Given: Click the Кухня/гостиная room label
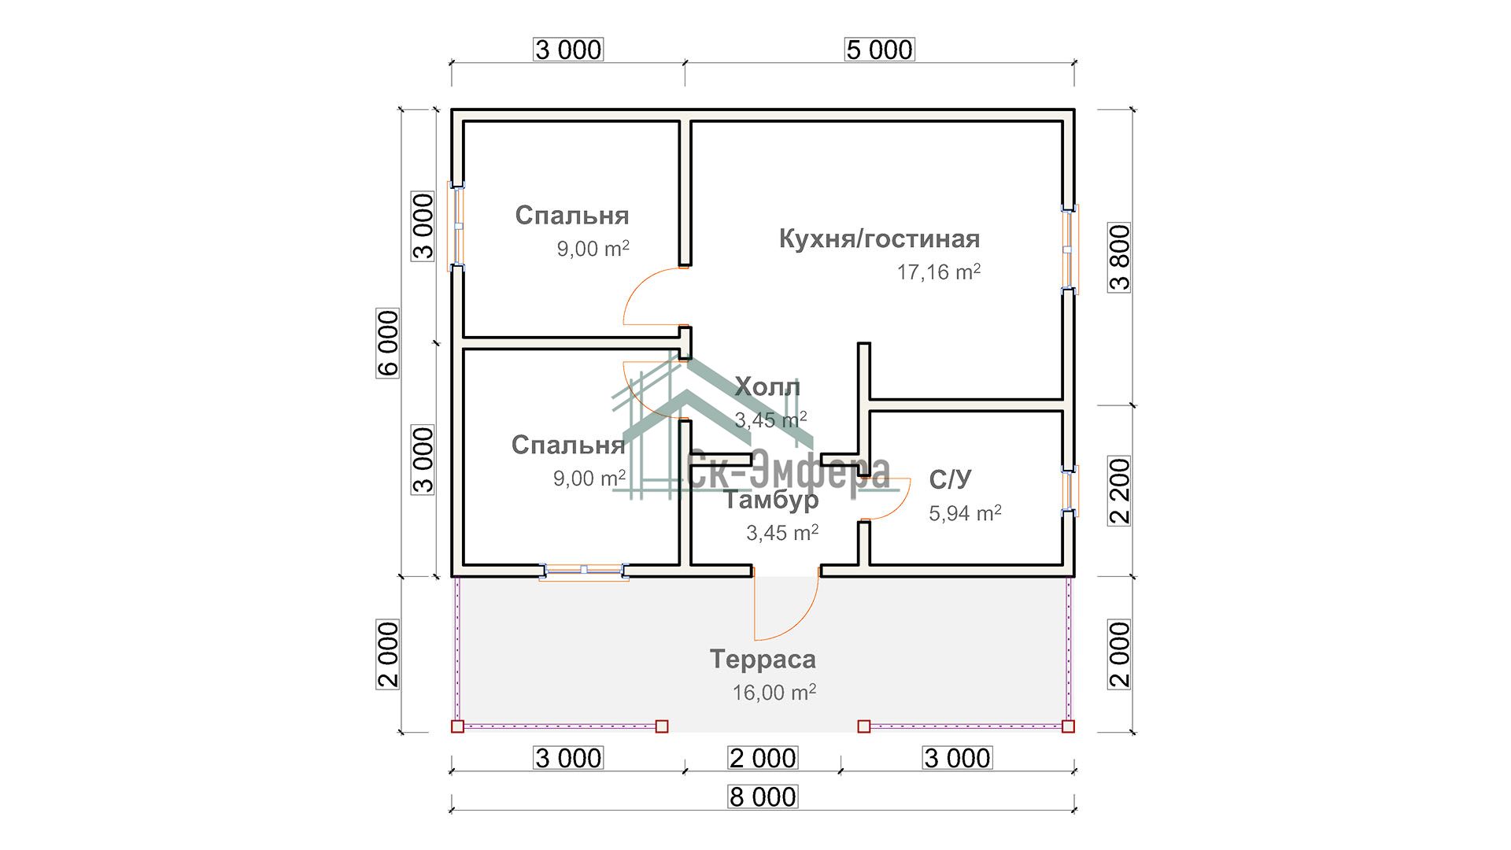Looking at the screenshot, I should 879,238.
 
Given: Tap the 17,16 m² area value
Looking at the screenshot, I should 938,272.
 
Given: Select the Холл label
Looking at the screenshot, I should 767,387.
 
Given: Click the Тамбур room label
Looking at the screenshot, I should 771,500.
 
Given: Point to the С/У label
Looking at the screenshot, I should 950,479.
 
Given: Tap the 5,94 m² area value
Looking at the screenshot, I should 965,514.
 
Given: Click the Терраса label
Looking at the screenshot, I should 763,659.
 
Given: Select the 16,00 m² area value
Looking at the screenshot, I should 774,693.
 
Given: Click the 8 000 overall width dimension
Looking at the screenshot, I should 763,796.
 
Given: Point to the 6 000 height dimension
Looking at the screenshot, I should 389,342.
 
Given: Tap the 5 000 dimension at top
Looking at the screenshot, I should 879,50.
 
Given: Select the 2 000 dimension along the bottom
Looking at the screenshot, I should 763,758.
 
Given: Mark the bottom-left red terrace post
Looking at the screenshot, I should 457,726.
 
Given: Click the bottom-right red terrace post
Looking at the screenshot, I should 1068,726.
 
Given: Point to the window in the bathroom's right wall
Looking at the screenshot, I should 1070,491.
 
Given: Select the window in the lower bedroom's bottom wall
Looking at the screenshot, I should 583,571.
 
